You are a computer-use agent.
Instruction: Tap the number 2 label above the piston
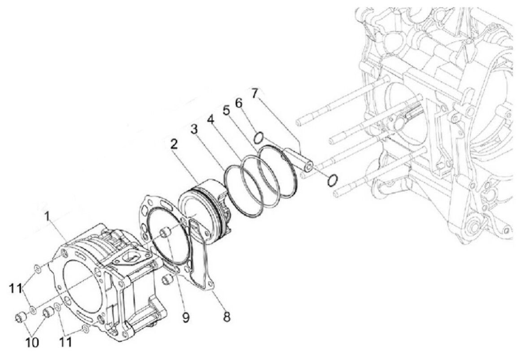point(174,145)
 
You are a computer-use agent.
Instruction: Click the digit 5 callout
point(227,110)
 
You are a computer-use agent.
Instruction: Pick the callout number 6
point(239,103)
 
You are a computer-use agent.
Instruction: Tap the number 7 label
point(255,93)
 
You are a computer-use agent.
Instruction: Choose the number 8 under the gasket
point(227,317)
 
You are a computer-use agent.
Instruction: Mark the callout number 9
point(186,317)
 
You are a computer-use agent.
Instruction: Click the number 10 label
point(32,342)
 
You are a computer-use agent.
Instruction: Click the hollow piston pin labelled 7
point(299,159)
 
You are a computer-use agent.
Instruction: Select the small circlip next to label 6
point(259,138)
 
